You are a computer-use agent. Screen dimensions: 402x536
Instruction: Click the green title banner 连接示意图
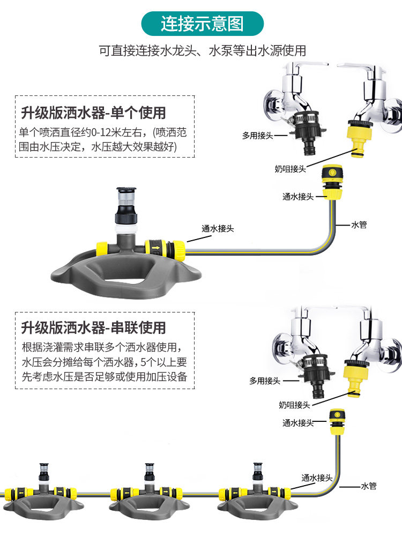202,24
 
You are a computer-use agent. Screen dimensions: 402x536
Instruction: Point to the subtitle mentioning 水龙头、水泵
202,51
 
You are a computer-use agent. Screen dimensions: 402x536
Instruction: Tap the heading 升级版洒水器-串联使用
93,327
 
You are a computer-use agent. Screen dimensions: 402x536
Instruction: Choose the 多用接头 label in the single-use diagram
257,136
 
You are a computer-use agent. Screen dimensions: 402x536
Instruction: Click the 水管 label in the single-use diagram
359,225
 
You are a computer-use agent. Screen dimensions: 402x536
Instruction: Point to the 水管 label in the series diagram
369,486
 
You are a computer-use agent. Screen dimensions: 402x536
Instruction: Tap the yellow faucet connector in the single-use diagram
356,137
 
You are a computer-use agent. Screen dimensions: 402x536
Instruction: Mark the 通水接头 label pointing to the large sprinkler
218,228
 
